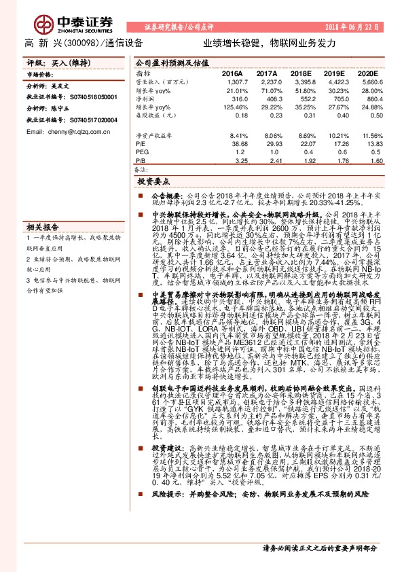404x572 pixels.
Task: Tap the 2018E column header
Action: (x=301, y=73)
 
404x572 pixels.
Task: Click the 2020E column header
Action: (x=367, y=73)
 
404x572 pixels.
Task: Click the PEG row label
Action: (x=142, y=153)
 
